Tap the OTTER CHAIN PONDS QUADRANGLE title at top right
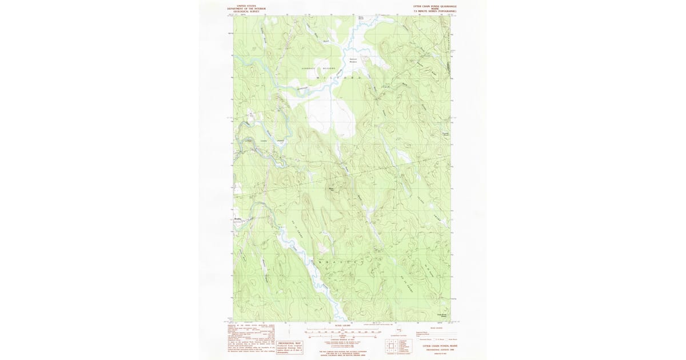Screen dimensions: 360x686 click(435, 5)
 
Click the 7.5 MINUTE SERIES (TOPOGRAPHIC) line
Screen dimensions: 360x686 click(435, 11)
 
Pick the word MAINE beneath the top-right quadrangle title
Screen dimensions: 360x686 click(435, 9)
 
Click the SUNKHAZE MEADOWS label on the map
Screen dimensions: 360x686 click(321, 67)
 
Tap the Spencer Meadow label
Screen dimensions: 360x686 click(353, 60)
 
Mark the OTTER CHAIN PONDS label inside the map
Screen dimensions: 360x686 click(264, 141)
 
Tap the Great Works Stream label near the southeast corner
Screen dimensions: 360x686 click(442, 314)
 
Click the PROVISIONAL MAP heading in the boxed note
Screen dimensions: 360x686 click(289, 343)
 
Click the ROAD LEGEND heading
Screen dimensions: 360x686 click(436, 329)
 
